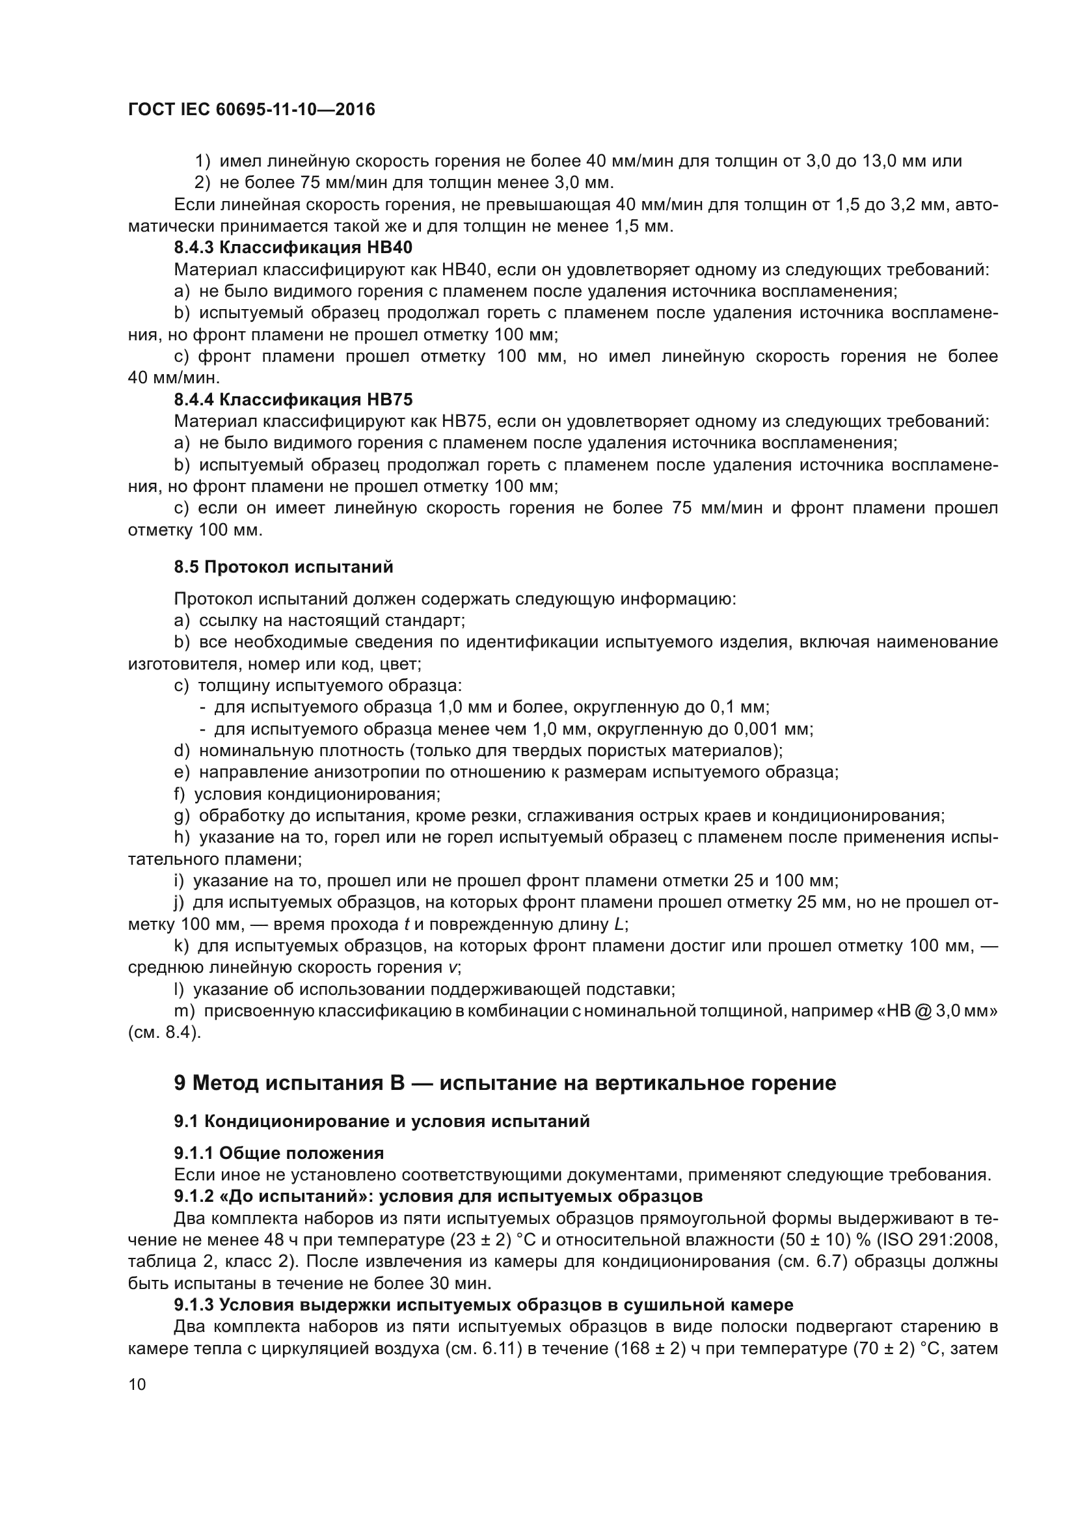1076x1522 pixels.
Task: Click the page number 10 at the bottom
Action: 137,1385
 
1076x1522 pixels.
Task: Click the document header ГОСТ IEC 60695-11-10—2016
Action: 251,109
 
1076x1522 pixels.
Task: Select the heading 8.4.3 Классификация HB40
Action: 293,248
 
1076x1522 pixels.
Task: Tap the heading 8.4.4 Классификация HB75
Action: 293,400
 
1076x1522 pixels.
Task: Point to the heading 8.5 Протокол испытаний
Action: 284,567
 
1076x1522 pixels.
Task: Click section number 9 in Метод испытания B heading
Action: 180,1083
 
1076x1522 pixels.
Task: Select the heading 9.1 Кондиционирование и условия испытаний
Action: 382,1122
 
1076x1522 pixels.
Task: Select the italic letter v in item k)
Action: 453,967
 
